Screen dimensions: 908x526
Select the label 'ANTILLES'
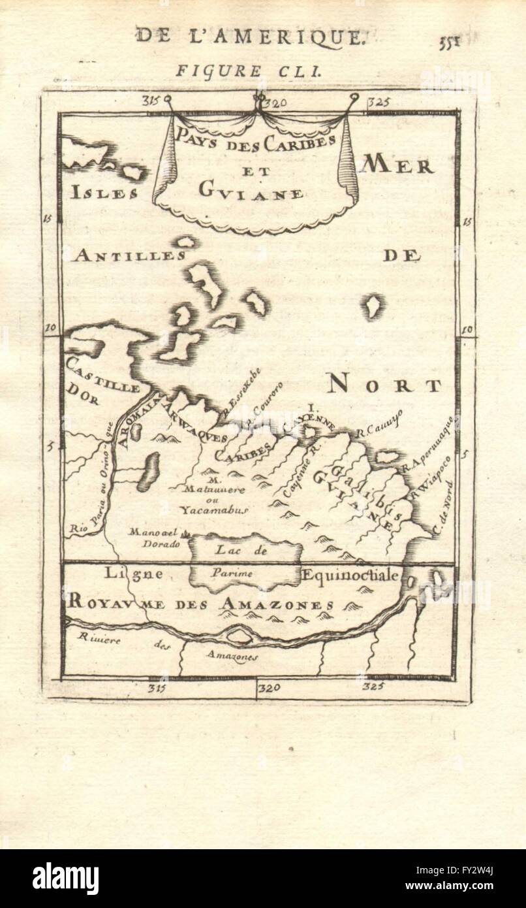129,255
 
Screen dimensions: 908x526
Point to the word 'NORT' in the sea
384,385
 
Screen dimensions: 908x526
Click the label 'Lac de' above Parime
242,550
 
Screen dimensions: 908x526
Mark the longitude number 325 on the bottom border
373,687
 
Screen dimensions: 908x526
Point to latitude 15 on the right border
467,221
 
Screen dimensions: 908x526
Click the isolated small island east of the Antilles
373,306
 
